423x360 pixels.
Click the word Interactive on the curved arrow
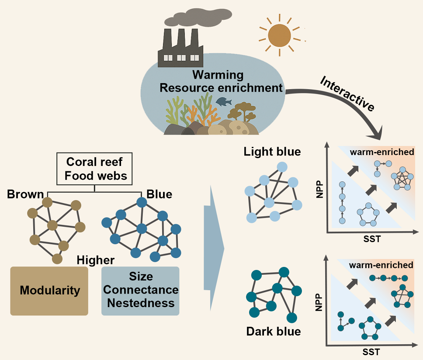click(x=347, y=93)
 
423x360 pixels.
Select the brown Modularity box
click(x=49, y=291)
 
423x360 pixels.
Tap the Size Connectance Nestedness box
click(x=140, y=291)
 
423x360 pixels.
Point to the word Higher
click(x=96, y=260)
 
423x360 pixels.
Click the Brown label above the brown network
click(x=25, y=194)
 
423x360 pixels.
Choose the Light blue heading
click(x=272, y=152)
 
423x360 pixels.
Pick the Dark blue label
click(x=274, y=331)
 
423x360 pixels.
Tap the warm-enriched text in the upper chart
click(x=381, y=152)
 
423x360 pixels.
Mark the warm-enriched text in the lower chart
click(x=381, y=265)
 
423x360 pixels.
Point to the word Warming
click(x=218, y=75)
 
